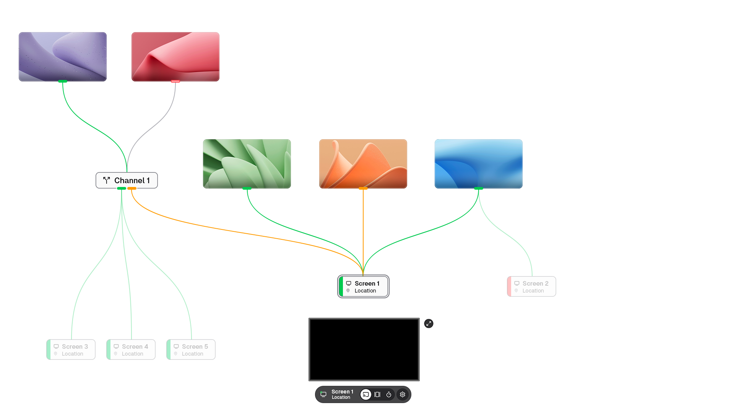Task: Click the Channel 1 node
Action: click(127, 180)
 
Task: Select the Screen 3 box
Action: click(71, 350)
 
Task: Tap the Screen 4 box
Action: click(131, 350)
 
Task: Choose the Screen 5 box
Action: click(191, 350)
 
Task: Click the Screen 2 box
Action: click(531, 286)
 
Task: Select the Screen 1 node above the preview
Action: click(363, 286)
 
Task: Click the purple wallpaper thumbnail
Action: click(63, 57)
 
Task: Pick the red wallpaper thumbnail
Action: click(175, 57)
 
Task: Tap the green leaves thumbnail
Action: click(247, 164)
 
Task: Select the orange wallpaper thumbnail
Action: click(363, 164)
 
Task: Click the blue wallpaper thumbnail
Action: click(479, 164)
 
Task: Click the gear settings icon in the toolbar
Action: click(403, 395)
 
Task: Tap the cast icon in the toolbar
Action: click(366, 395)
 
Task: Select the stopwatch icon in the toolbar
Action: click(389, 395)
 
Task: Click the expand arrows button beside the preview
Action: click(429, 324)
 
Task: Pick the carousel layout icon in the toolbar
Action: click(377, 395)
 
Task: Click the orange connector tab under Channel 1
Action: click(132, 189)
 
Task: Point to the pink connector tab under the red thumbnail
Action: click(175, 81)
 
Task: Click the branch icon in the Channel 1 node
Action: click(107, 180)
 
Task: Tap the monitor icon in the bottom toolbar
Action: click(323, 394)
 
